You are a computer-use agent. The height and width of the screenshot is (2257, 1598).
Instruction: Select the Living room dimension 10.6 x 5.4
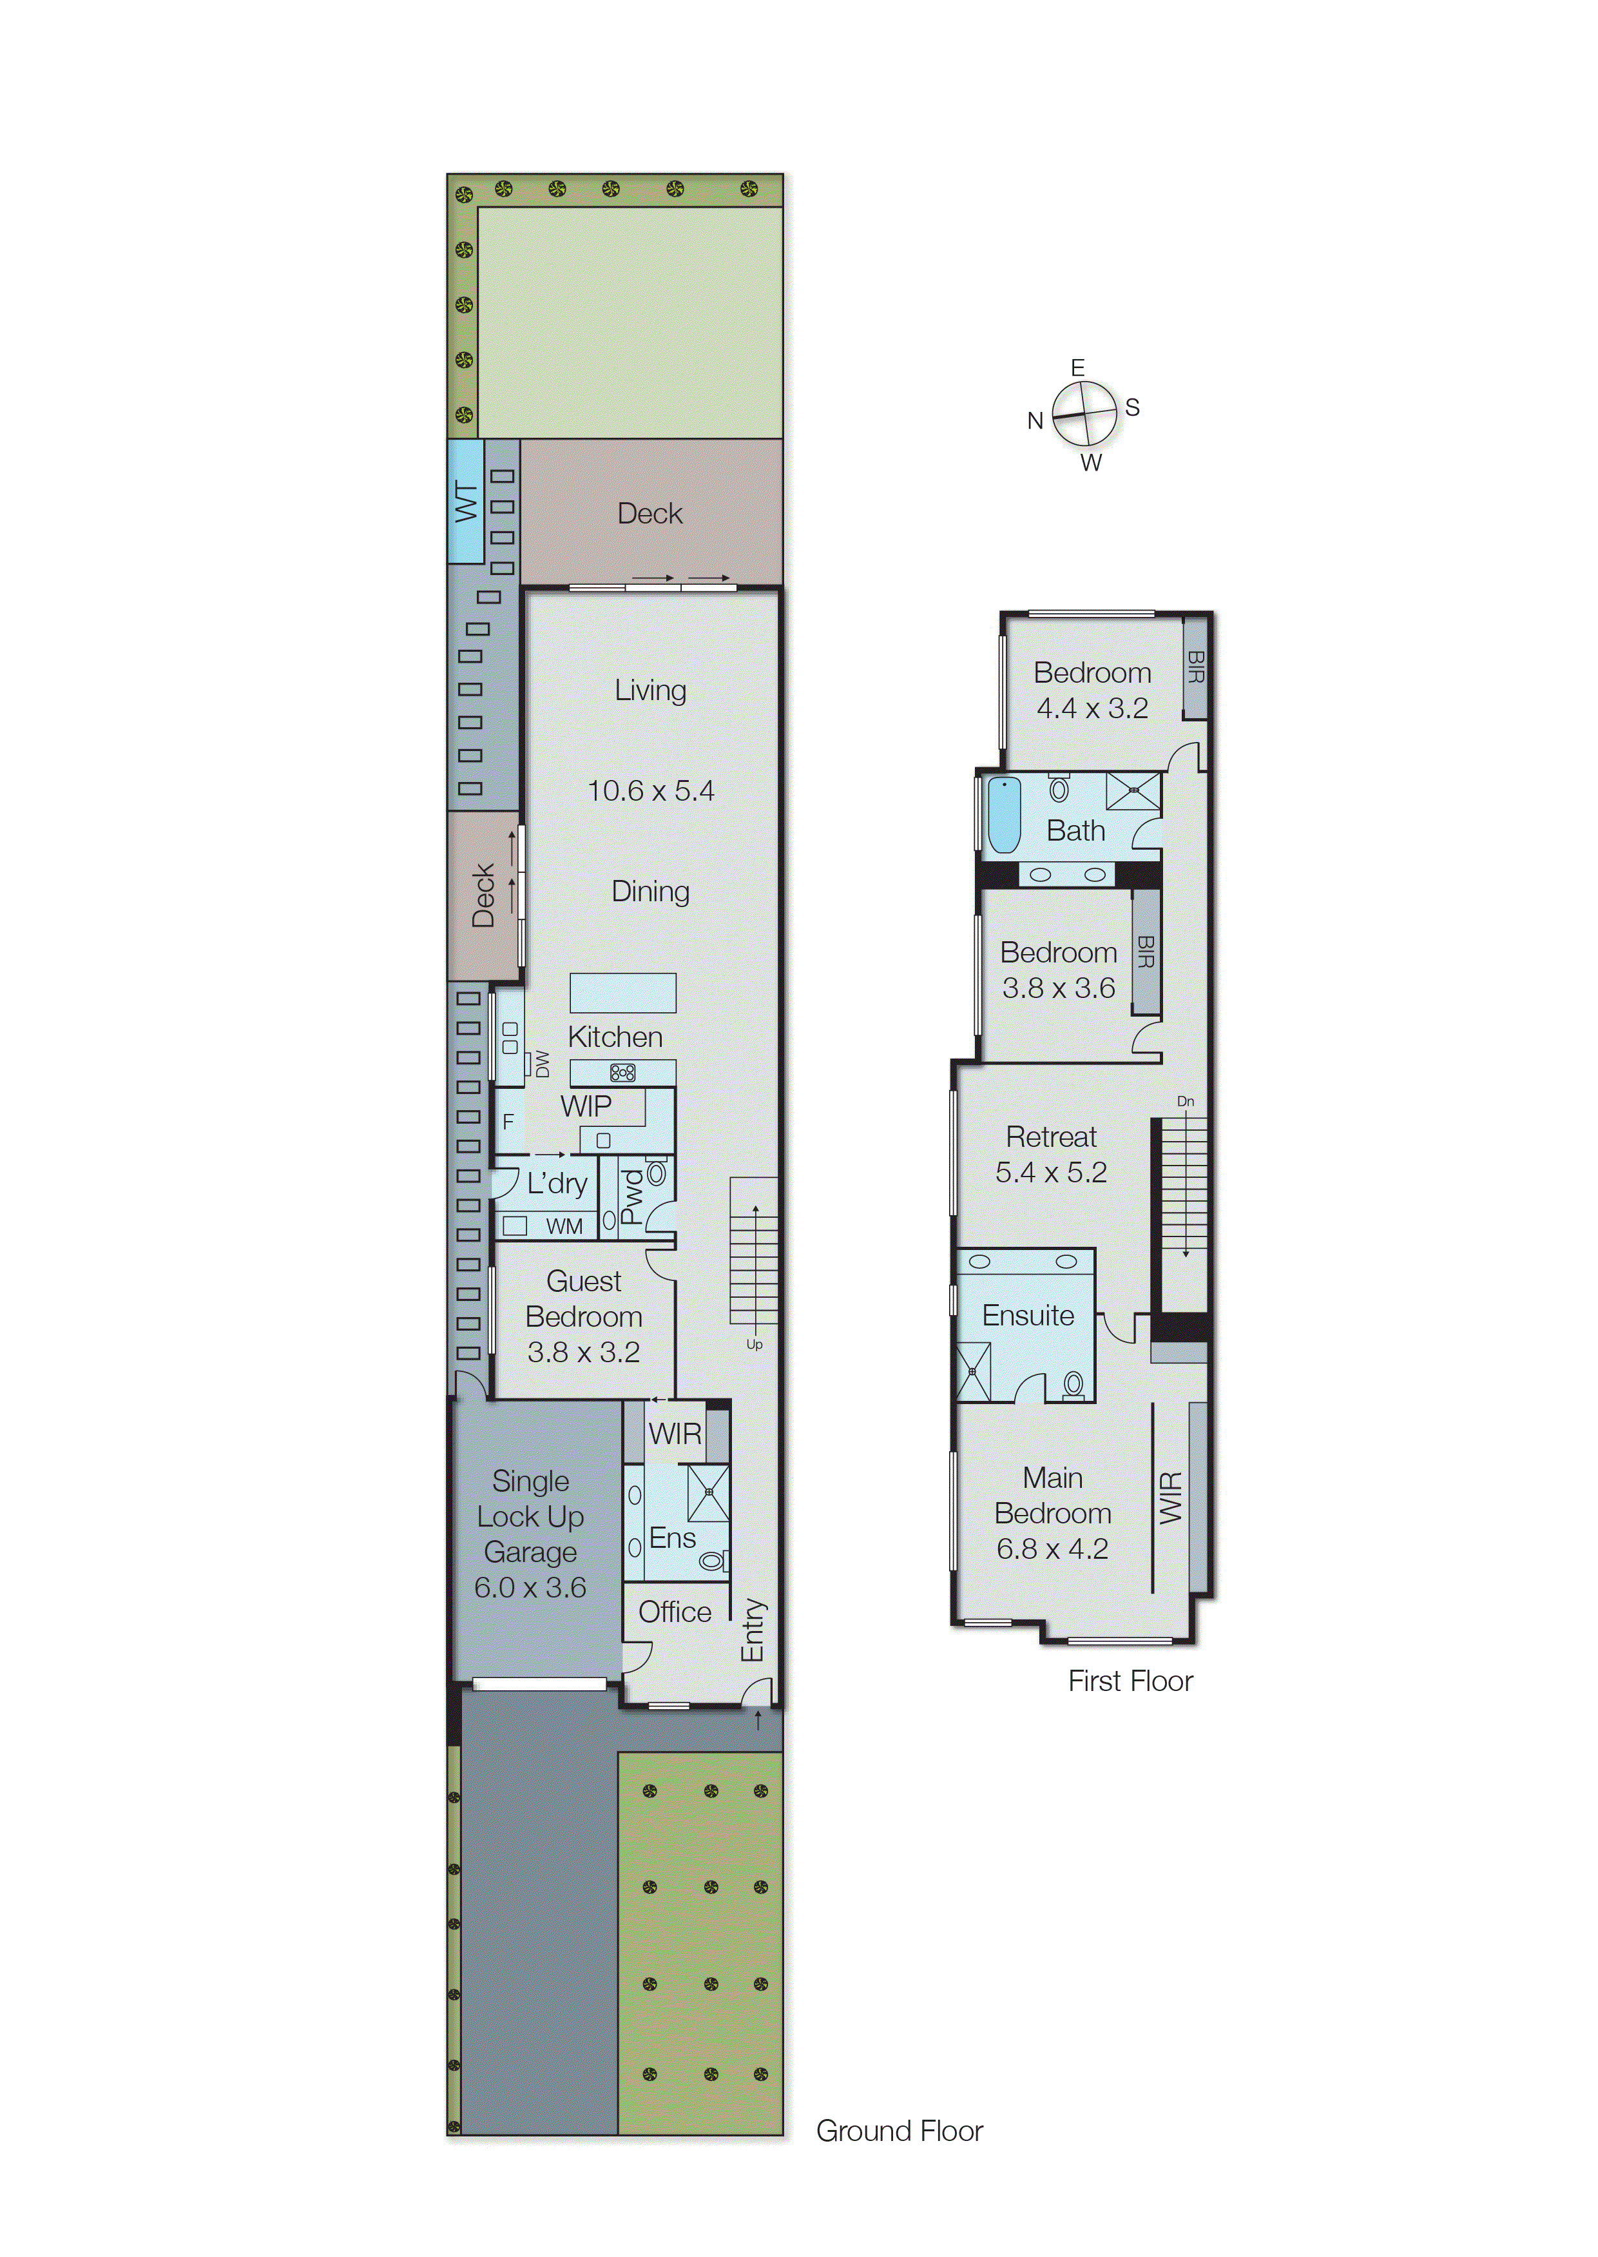click(650, 790)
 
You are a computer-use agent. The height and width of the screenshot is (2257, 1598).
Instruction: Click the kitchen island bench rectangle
click(623, 992)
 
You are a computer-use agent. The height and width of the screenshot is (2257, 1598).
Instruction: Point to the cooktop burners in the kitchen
click(622, 1073)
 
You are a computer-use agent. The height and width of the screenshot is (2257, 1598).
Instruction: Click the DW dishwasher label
click(542, 1064)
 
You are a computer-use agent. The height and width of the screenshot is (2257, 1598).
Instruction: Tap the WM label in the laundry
click(564, 1226)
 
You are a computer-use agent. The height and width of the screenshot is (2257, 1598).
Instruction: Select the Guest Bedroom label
click(584, 1298)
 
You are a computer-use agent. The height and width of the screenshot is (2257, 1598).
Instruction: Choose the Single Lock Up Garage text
click(530, 1516)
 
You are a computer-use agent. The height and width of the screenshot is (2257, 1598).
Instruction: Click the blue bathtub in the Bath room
click(1004, 815)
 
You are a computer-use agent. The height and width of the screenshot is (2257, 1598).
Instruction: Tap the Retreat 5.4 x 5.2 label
click(1051, 1153)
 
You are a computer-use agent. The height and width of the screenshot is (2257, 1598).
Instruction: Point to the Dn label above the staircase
click(1186, 1102)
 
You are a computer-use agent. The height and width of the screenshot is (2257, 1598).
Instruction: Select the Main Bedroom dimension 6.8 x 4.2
click(1052, 1549)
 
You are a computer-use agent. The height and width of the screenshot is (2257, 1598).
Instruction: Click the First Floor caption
click(1131, 1681)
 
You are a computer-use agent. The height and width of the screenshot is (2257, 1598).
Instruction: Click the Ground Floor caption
click(900, 2131)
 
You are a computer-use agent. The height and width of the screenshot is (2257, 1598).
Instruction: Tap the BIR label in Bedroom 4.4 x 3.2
click(1195, 667)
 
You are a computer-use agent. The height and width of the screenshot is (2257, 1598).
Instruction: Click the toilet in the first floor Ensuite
click(1073, 1385)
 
